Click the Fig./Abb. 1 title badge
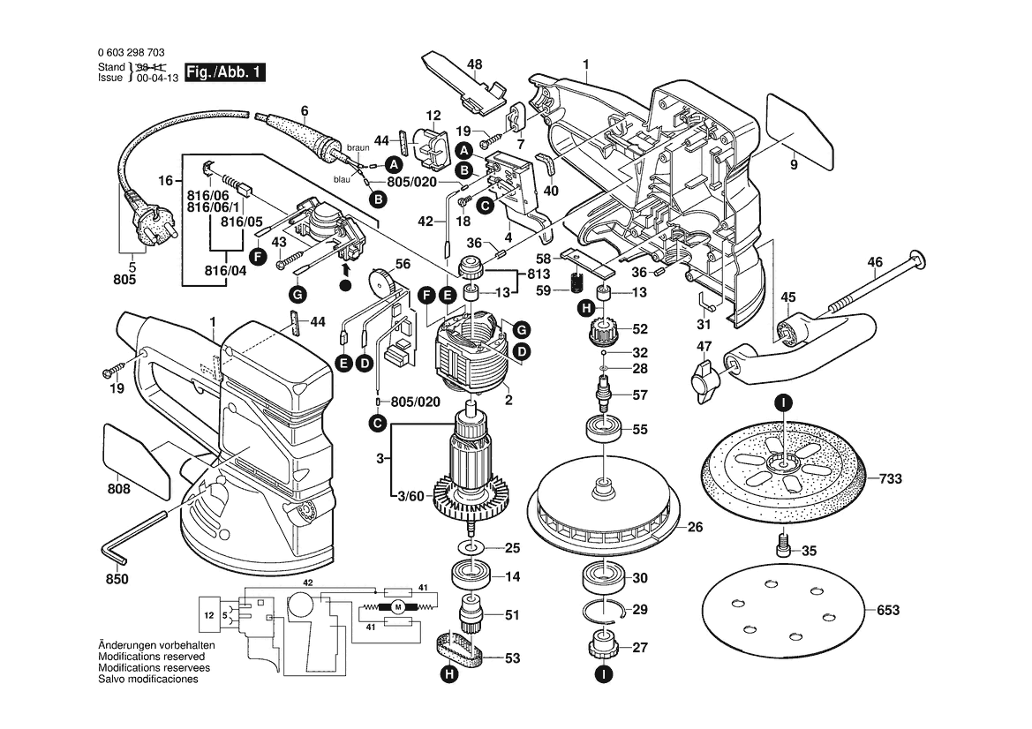(x=223, y=73)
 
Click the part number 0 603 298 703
(x=130, y=54)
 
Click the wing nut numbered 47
(x=704, y=380)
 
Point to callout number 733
(x=890, y=480)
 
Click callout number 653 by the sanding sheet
(x=888, y=610)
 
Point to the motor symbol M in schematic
(x=396, y=606)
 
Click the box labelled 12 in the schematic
(x=209, y=615)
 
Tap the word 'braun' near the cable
(x=357, y=147)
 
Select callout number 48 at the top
(x=474, y=64)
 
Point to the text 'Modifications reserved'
(x=151, y=658)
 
